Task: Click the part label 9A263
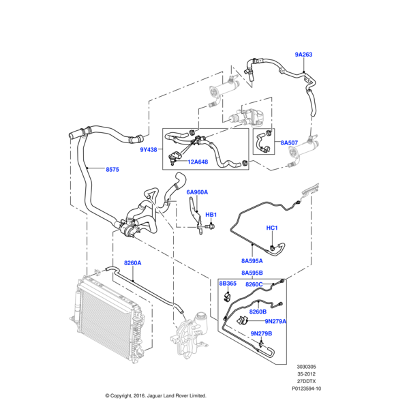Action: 304,54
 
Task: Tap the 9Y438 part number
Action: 149,149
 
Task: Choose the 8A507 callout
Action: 290,142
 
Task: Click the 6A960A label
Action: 197,193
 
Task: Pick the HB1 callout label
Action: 211,214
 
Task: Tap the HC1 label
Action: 271,228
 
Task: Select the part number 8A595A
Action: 252,260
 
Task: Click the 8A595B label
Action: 252,273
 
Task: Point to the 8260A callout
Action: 132,263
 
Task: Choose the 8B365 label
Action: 227,283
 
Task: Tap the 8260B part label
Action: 258,312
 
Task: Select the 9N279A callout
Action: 276,321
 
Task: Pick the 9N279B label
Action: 261,333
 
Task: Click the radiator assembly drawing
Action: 109,317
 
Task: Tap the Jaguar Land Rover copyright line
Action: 155,395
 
